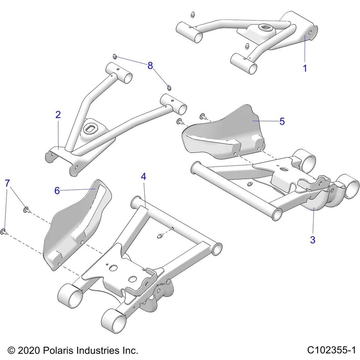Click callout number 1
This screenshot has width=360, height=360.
tap(305, 69)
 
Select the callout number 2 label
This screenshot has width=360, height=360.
tap(58, 115)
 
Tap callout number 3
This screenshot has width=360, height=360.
tap(312, 240)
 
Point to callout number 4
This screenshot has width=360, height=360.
tap(143, 177)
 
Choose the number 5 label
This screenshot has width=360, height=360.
tap(282, 121)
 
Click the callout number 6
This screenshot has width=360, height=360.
tap(57, 190)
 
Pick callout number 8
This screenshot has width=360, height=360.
tap(150, 66)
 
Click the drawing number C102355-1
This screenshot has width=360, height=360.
tap(331, 350)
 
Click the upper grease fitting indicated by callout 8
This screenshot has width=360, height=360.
tap(115, 57)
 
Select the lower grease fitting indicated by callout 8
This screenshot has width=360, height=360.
tap(169, 87)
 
